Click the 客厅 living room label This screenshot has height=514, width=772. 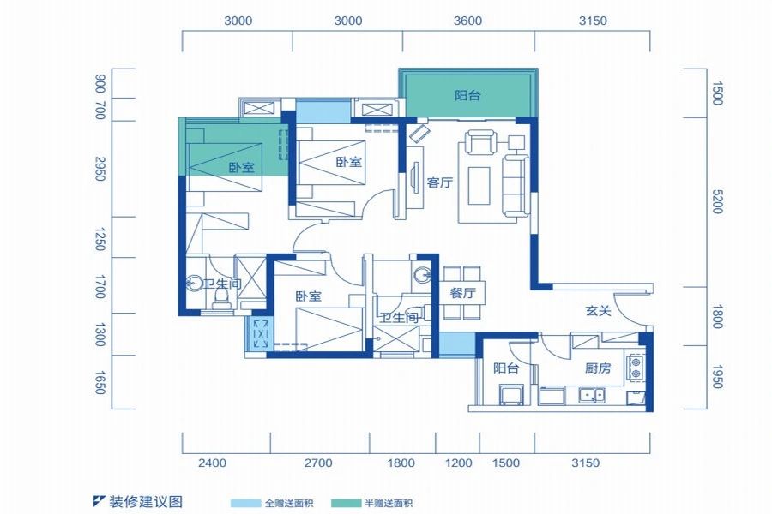439,182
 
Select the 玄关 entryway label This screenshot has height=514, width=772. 598,311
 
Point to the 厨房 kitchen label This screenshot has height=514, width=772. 598,368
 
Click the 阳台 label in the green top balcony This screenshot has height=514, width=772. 467,96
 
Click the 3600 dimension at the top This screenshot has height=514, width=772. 468,21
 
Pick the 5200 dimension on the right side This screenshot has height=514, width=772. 718,203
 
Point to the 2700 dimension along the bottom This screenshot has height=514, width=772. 317,463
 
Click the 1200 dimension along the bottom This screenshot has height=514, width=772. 459,463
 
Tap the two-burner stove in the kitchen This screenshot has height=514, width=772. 636,367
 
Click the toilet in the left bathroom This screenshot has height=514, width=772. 222,296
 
